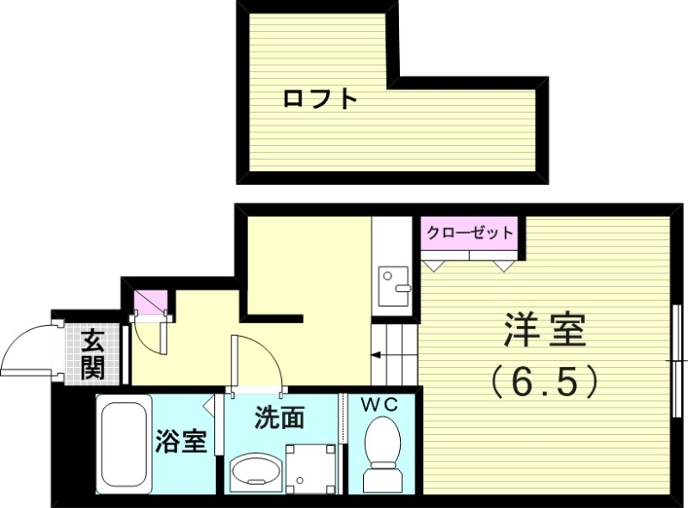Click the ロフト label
[x=320, y=99]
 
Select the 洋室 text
[x=544, y=330]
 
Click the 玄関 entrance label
[x=92, y=354]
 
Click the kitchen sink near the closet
[x=395, y=285]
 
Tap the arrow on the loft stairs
[x=376, y=353]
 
